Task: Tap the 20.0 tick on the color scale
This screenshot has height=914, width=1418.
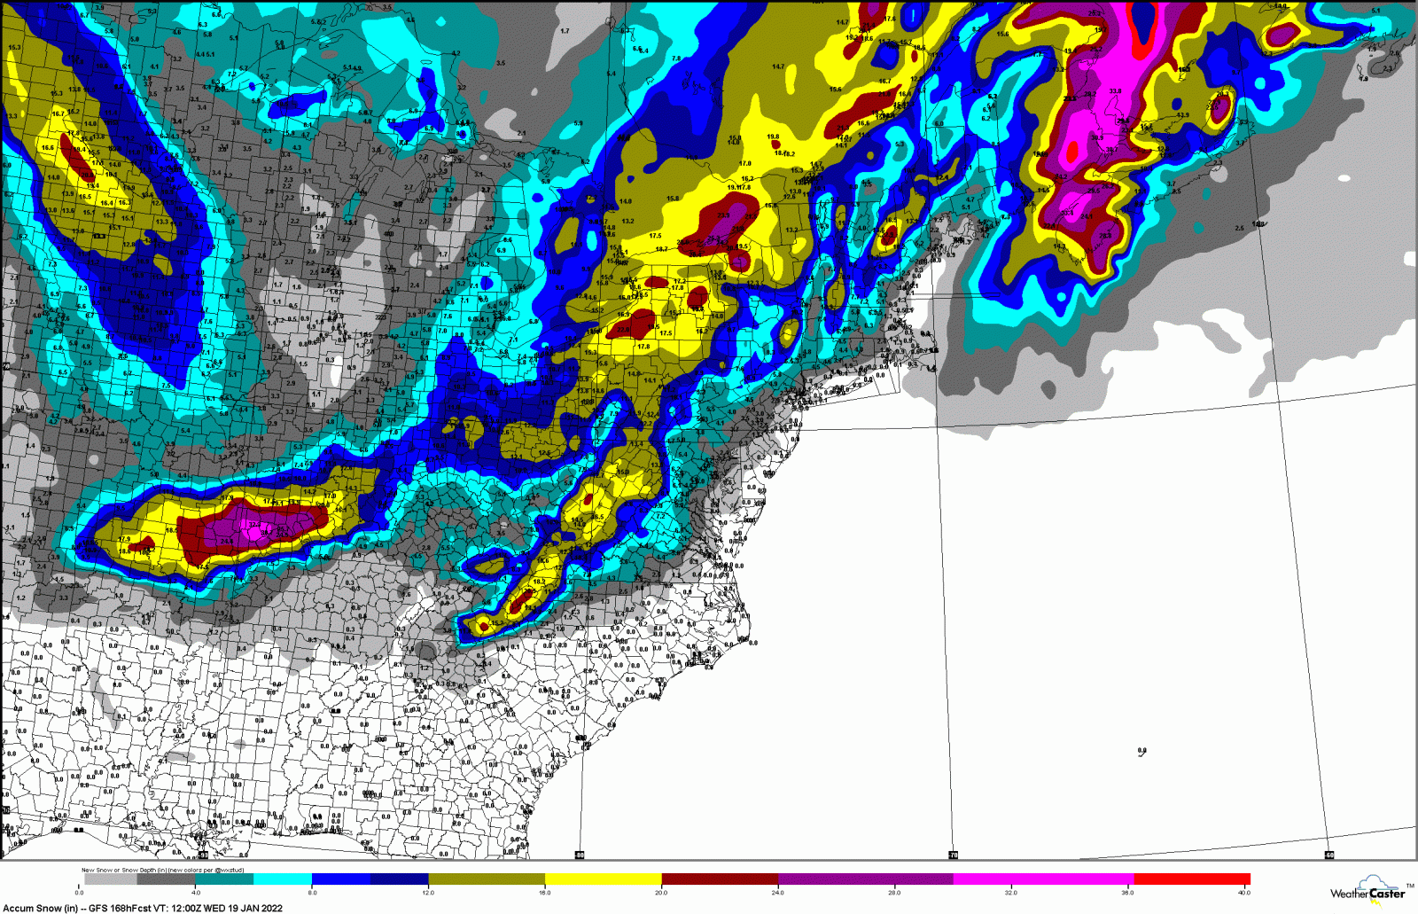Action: pos(661,892)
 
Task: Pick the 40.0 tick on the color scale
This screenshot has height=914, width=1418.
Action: pos(1244,892)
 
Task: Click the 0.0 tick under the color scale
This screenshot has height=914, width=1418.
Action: pos(79,892)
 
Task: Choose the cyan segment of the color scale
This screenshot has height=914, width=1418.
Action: pos(283,879)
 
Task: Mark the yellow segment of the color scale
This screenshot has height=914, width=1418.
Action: pos(603,879)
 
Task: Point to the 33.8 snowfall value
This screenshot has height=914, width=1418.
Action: pos(1115,91)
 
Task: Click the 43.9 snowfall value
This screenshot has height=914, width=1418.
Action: pos(1182,115)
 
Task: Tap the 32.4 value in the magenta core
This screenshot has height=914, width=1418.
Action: pos(254,525)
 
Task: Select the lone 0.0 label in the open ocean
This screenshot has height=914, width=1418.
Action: pos(1142,751)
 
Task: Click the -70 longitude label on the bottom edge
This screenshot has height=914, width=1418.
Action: pos(954,855)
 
